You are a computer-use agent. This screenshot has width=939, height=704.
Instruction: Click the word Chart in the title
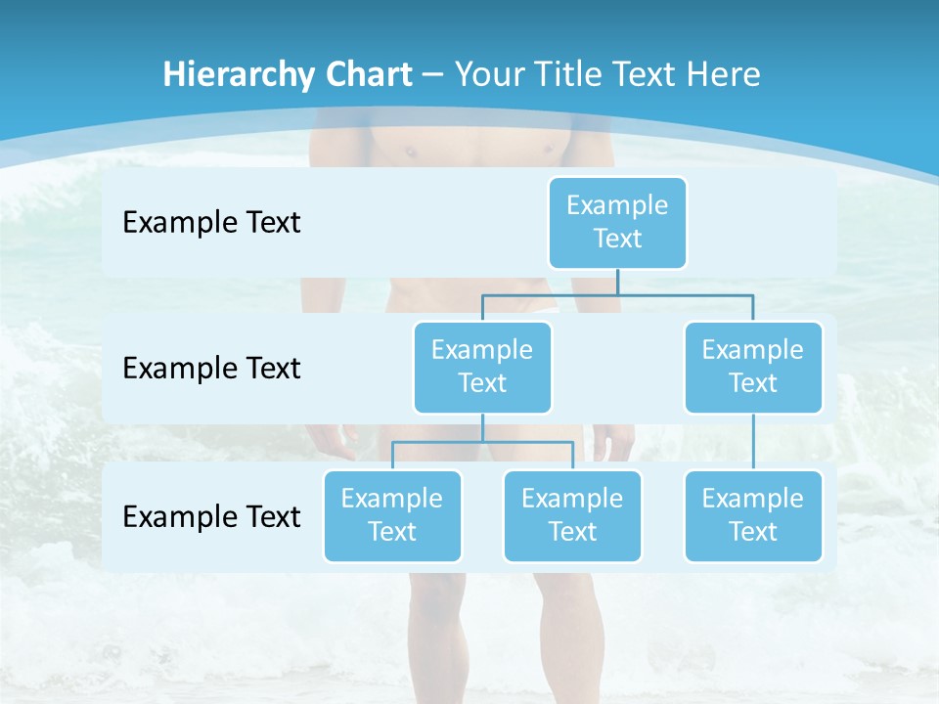(370, 74)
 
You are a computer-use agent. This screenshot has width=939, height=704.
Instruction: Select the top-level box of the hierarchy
(617, 222)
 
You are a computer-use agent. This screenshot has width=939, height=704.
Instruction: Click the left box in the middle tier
(482, 367)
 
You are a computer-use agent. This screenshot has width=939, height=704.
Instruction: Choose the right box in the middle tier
(753, 367)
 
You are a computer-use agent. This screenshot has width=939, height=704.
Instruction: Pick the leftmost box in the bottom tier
(392, 515)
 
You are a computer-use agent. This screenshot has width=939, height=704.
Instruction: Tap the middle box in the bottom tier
(572, 515)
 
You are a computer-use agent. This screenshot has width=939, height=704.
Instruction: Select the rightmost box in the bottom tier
(753, 515)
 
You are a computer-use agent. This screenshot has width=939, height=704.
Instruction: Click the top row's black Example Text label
(211, 222)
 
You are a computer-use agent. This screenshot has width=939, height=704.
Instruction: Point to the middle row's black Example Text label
(211, 368)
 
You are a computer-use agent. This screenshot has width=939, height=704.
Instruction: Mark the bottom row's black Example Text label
(211, 516)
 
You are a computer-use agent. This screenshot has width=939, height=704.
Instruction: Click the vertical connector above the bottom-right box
(753, 442)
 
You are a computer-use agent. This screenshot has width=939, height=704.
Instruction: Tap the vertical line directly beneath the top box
(617, 282)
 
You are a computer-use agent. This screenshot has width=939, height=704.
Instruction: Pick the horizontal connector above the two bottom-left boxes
(482, 442)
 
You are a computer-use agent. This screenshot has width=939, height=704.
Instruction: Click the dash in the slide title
(433, 74)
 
